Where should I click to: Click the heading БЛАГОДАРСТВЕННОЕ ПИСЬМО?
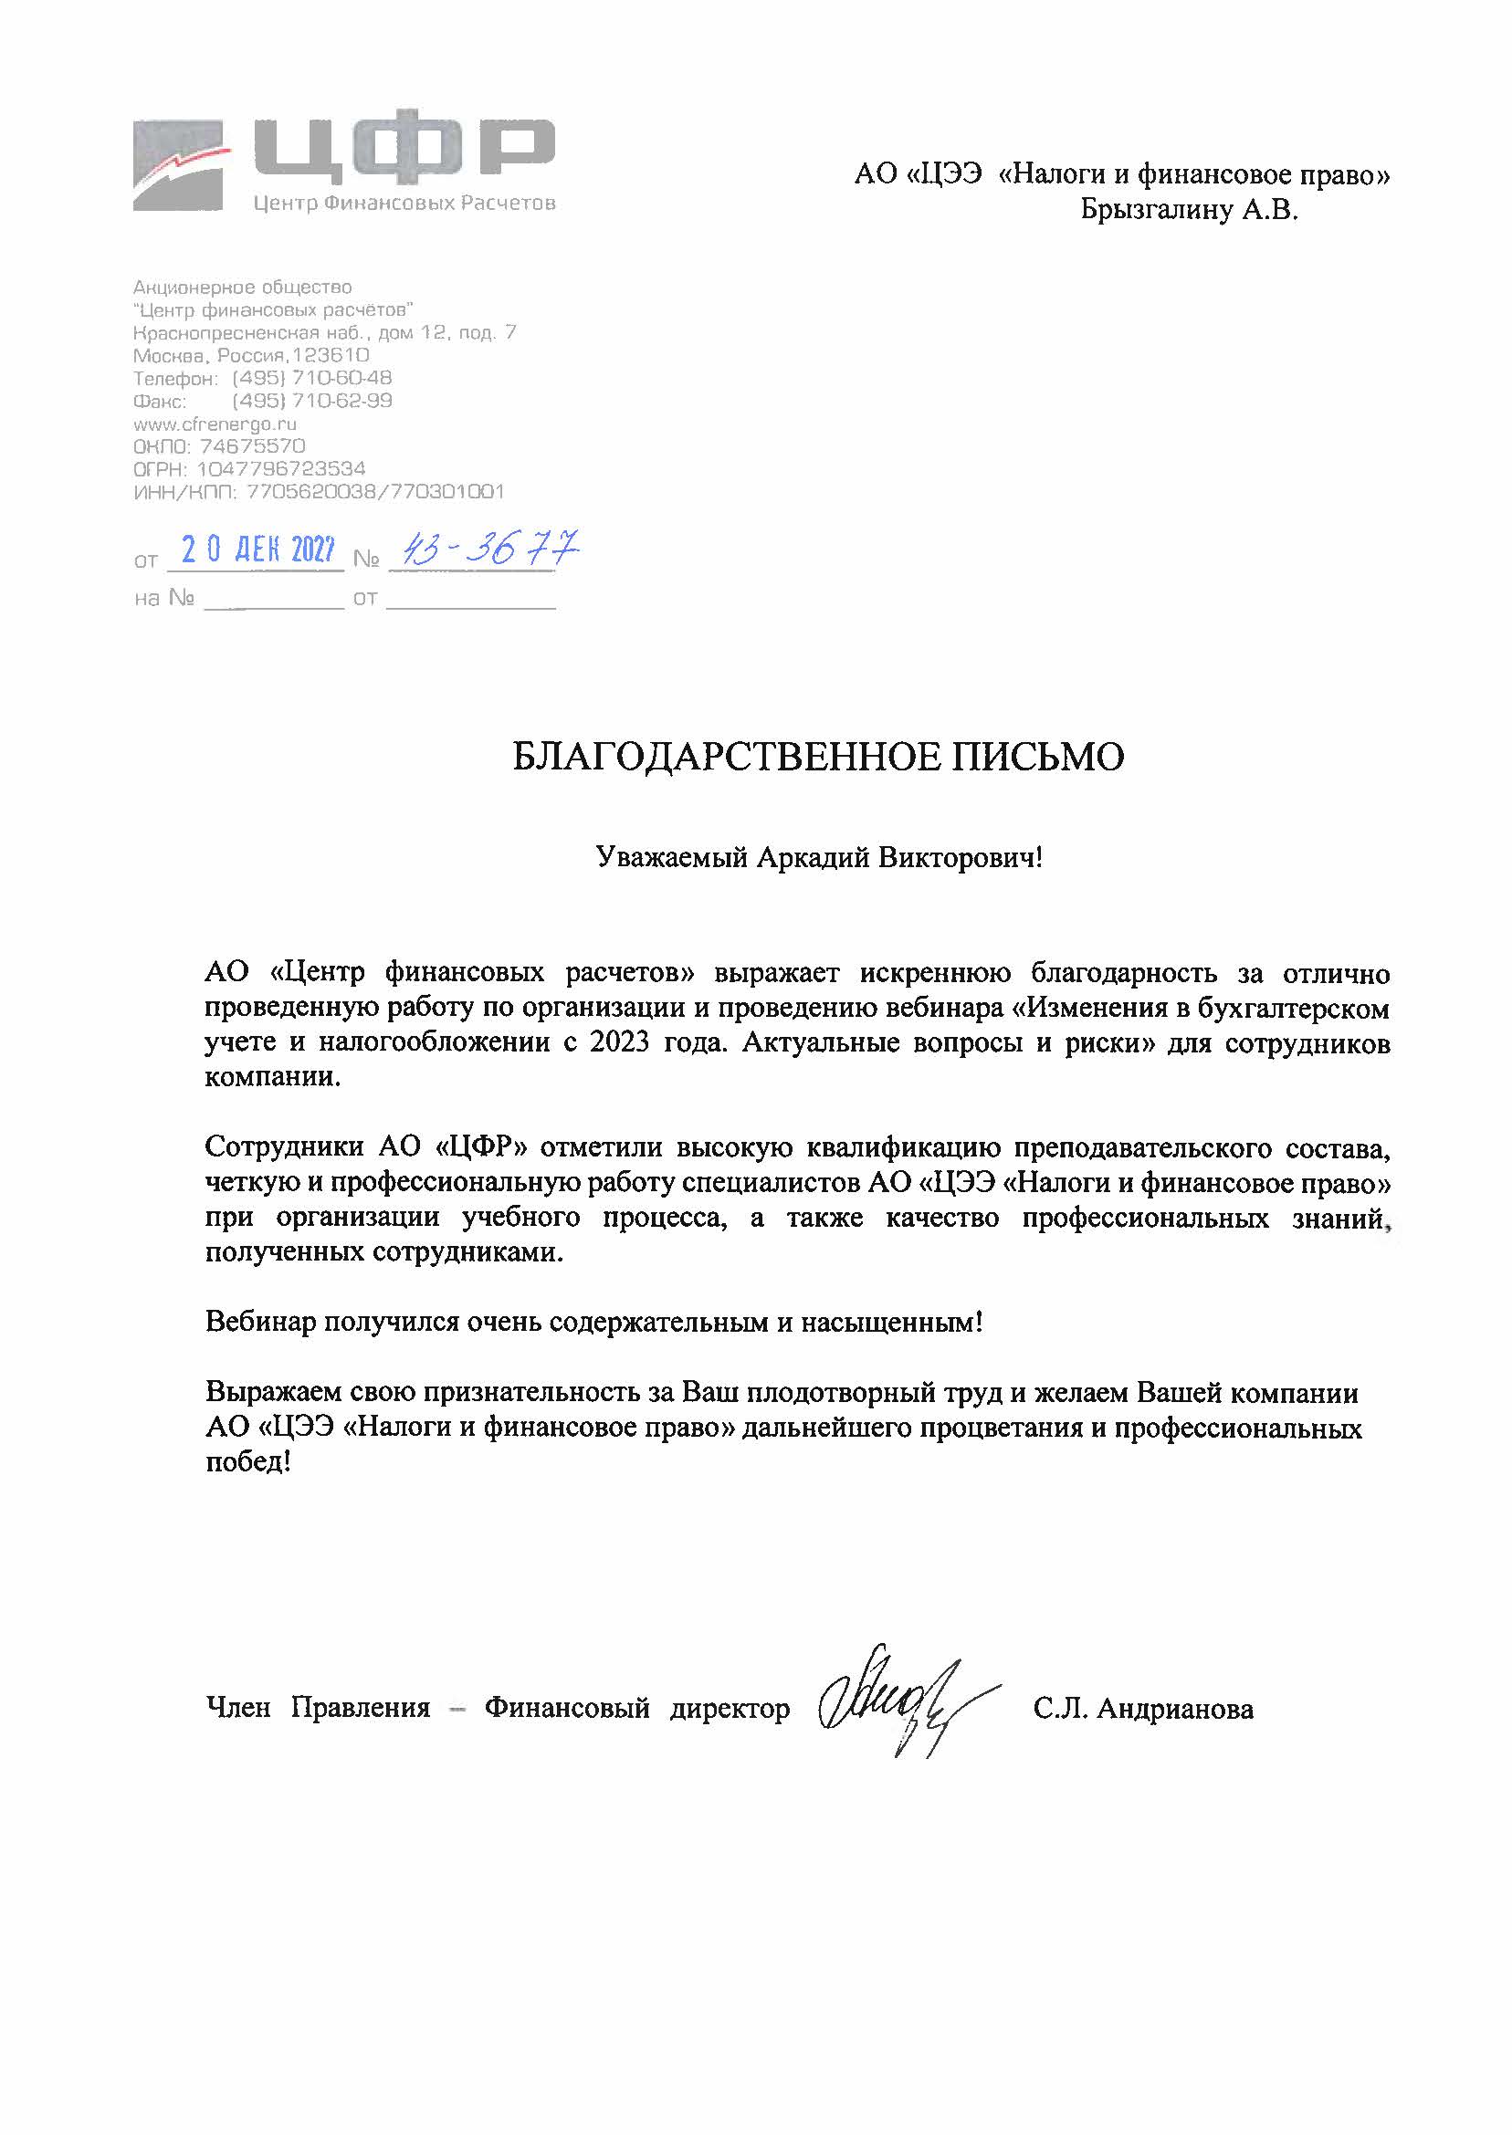coord(818,757)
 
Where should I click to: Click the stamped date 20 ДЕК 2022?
coord(257,550)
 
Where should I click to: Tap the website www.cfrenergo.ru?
coord(215,424)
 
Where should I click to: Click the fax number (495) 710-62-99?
coord(312,401)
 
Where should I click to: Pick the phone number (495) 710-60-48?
coord(312,378)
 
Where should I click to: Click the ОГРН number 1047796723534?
coord(280,469)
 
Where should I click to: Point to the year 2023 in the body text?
coord(619,1042)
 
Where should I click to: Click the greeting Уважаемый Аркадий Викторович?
coord(818,857)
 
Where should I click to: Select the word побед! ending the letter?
coord(247,1462)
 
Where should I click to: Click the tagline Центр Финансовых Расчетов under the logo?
coord(404,203)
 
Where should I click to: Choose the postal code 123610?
coord(331,355)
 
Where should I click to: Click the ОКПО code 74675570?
coord(252,446)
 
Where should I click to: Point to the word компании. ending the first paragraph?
coord(273,1078)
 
